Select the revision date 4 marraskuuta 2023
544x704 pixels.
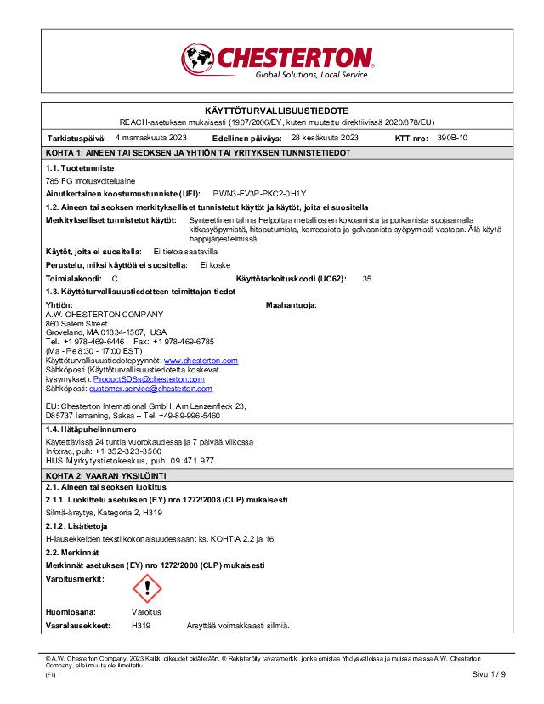150,137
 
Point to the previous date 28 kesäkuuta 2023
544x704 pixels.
325,137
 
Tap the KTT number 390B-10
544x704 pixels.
452,137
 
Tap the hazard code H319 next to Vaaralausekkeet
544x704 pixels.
141,625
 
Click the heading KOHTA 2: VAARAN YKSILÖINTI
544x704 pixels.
105,474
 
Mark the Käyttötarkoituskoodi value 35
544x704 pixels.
367,278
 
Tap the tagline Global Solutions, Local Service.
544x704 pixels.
313,75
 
